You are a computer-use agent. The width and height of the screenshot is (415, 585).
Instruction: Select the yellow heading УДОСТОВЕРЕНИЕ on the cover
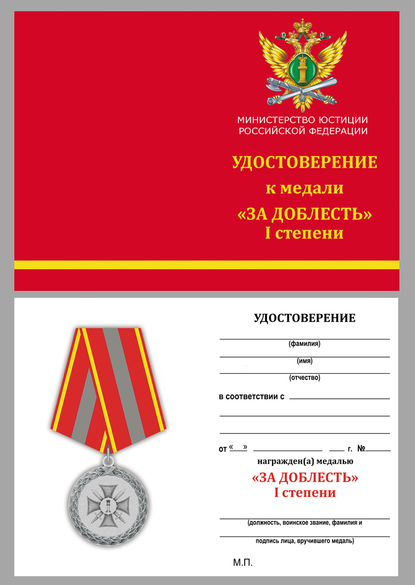[x=304, y=163]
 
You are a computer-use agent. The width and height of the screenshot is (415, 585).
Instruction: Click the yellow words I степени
[x=304, y=234]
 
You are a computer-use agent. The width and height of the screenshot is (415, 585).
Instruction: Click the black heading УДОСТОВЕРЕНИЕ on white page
[x=304, y=318]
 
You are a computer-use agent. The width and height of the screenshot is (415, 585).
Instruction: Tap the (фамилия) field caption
[x=304, y=344]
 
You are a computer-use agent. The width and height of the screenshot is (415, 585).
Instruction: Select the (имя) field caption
[x=304, y=361]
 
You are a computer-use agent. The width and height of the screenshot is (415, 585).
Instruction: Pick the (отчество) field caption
[x=304, y=378]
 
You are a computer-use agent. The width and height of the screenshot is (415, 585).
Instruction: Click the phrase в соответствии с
[x=251, y=396]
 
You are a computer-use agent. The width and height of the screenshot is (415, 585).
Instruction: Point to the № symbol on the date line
[x=361, y=448]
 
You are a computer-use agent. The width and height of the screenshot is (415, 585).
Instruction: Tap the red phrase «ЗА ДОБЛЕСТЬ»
[x=304, y=478]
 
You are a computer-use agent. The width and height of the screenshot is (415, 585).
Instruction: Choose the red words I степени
[x=304, y=493]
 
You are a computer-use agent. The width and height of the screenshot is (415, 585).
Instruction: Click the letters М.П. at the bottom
[x=243, y=562]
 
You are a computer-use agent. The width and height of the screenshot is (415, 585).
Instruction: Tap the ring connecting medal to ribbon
[x=108, y=460]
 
